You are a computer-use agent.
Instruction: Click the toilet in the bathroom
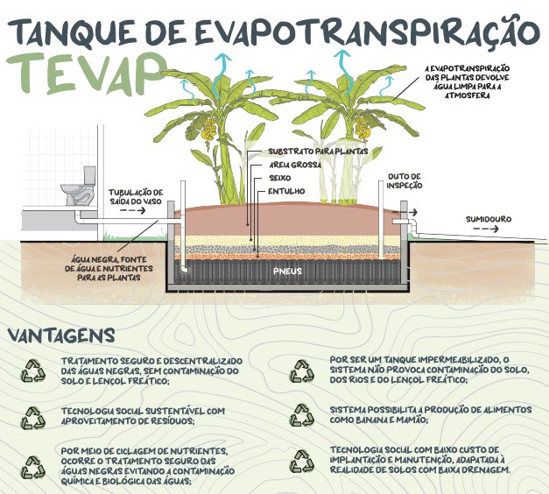point(78,187)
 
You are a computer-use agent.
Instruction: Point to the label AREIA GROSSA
point(293,165)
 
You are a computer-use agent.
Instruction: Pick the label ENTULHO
point(285,191)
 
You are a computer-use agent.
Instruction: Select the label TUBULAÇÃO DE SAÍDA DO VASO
point(135,196)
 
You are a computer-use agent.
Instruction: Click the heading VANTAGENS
point(60,335)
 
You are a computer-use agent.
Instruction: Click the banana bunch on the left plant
point(208,131)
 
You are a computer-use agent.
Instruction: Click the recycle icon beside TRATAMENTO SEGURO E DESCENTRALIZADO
point(32,370)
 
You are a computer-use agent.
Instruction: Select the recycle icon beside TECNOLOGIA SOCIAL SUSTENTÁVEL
point(32,418)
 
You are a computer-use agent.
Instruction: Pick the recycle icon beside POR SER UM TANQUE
point(302,371)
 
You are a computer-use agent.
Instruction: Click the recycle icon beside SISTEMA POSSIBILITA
point(302,413)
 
